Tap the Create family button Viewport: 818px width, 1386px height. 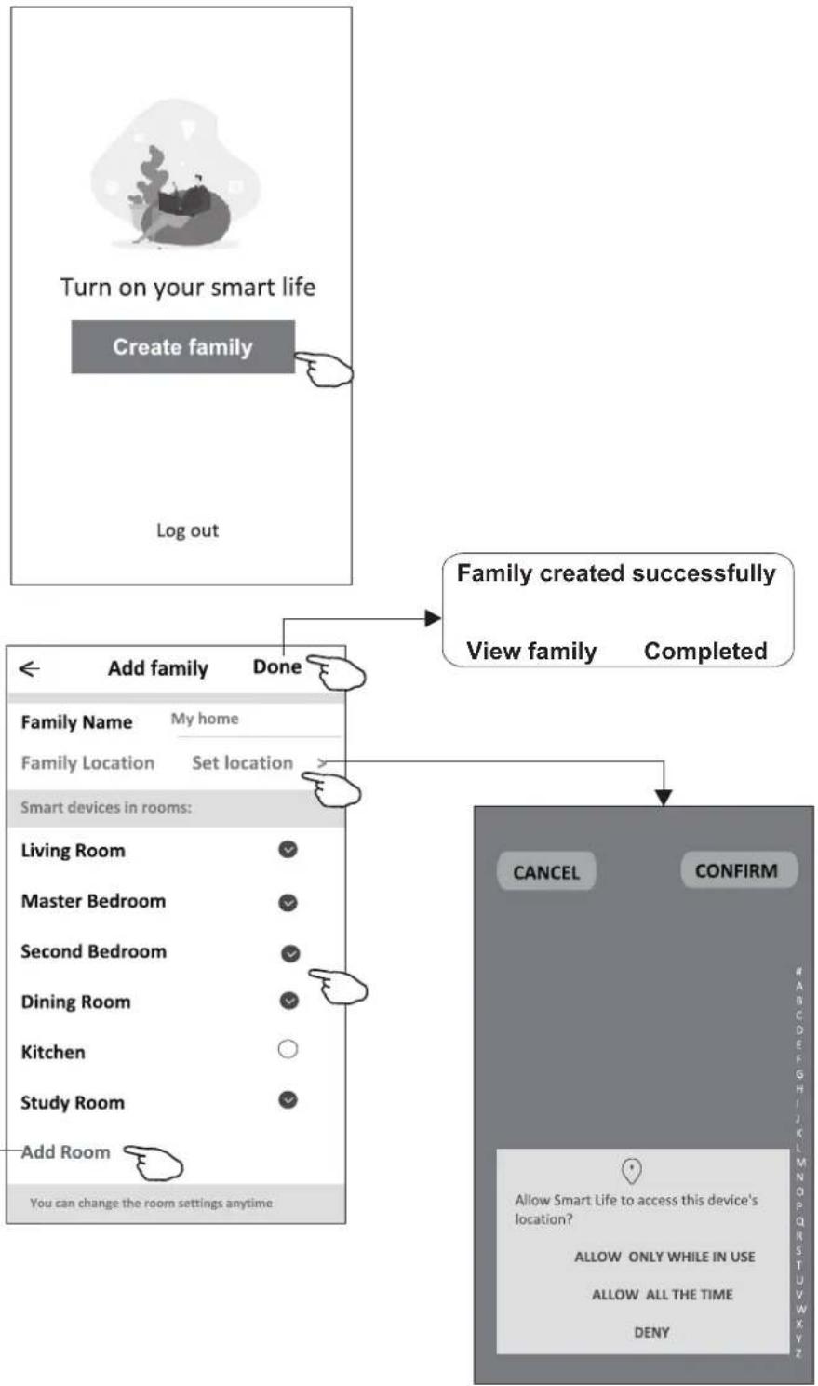(x=182, y=346)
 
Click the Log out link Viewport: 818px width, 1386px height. (x=187, y=531)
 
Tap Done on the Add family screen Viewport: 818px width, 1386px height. (x=277, y=666)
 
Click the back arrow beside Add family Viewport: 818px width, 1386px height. (x=29, y=668)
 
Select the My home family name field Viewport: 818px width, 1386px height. (x=205, y=719)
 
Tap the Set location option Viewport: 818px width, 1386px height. (x=243, y=762)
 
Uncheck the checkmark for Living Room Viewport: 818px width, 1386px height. (x=288, y=850)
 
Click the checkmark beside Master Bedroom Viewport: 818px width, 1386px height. (x=288, y=903)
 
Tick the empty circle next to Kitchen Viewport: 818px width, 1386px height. (x=288, y=1049)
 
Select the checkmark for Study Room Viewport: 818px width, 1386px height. (x=288, y=1099)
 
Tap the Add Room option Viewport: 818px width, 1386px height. (x=65, y=1152)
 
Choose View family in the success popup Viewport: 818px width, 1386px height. (x=531, y=651)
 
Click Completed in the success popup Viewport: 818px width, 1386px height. (x=705, y=651)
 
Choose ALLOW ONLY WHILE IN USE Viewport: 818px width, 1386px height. (x=664, y=1257)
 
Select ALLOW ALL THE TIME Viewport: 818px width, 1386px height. (x=662, y=1295)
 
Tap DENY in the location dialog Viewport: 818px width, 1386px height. (x=651, y=1332)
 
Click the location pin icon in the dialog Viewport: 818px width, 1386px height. (x=631, y=1170)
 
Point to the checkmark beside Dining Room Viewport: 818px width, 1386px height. (x=289, y=1001)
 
